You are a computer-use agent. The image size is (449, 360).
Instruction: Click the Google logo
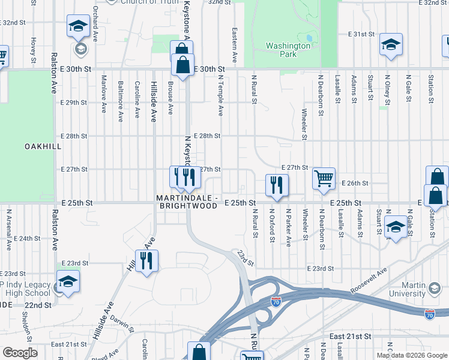tap(20, 353)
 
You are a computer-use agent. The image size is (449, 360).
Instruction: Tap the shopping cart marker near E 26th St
tap(324, 178)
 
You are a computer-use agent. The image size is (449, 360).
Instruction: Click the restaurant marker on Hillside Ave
tap(146, 261)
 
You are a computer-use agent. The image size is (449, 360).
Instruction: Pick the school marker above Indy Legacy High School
tap(68, 281)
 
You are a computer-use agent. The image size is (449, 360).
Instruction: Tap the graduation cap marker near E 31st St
tap(391, 45)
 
